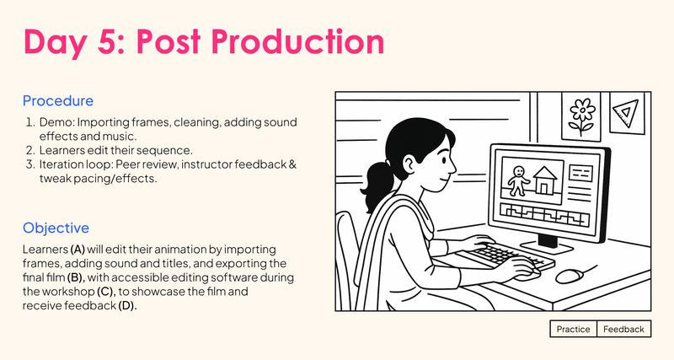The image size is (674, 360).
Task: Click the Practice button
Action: coord(574,329)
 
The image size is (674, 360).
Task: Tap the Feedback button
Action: coord(623,329)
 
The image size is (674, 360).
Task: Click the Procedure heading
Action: coord(58,101)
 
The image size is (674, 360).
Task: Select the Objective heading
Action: coord(56,228)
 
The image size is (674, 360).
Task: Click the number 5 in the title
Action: coord(120,40)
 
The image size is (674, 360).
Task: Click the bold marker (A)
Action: coord(78,250)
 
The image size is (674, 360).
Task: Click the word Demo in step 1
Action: coord(56,123)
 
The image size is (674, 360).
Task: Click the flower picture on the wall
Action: coord(581,116)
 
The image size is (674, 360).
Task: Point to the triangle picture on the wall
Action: coord(624,112)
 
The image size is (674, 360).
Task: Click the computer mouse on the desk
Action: coord(570,275)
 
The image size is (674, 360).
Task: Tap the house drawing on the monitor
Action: coord(544,178)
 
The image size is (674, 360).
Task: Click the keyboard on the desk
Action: coord(502,255)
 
